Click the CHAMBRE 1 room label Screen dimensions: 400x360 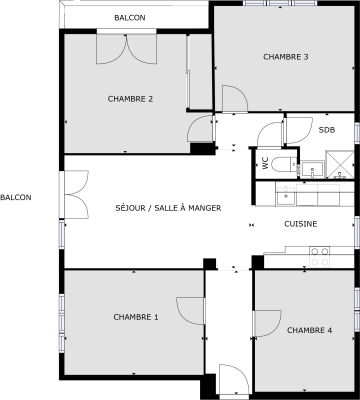(x=136, y=317)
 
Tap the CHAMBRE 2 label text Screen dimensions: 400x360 (x=130, y=99)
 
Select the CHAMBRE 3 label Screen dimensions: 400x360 (x=285, y=57)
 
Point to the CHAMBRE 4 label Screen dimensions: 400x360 (x=309, y=330)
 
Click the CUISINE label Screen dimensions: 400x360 (x=300, y=224)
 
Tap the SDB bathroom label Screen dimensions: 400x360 (x=327, y=130)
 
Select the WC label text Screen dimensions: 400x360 (x=265, y=165)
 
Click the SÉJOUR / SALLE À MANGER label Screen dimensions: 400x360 (x=168, y=208)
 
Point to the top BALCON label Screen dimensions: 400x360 (x=129, y=18)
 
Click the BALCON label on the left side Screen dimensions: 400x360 (x=16, y=198)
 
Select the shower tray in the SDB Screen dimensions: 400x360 (x=339, y=165)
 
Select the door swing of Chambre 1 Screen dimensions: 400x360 (x=190, y=313)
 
